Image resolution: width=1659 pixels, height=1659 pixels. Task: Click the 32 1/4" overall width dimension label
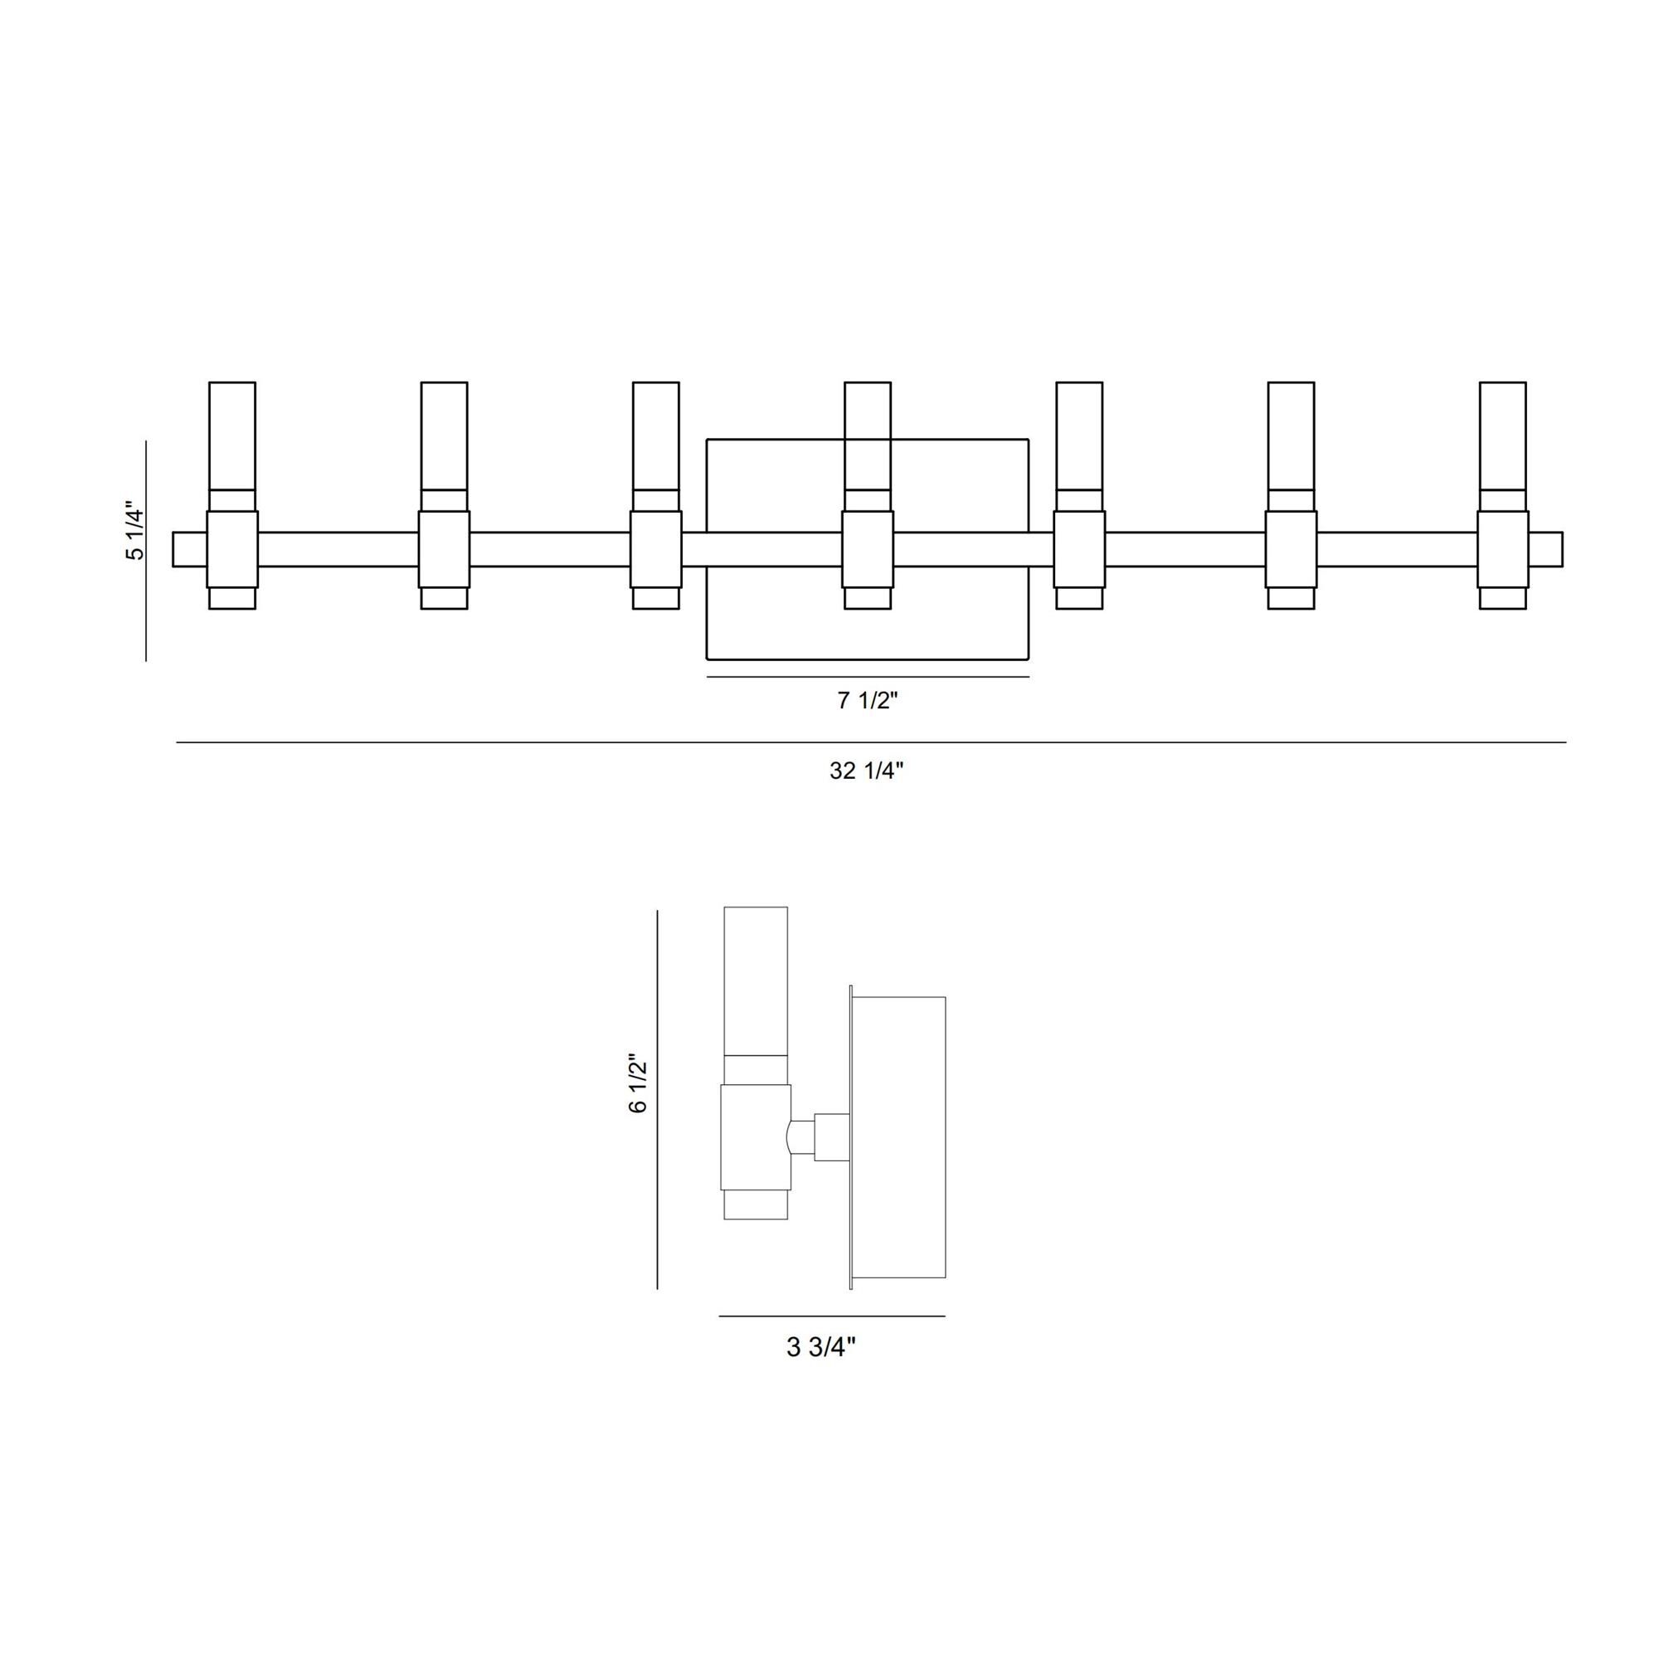[x=867, y=771]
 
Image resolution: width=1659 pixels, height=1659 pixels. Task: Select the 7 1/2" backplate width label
[x=868, y=701]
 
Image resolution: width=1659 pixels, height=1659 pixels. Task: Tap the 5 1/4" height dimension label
[x=135, y=532]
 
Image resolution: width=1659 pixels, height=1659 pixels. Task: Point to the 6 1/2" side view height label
[x=637, y=1082]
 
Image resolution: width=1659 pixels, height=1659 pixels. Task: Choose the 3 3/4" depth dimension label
[x=821, y=1347]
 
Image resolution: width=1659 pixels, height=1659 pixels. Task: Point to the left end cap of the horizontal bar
[x=189, y=550]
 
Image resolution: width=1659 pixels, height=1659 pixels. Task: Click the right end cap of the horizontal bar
[x=1545, y=550]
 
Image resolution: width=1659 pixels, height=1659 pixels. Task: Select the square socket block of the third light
[x=656, y=550]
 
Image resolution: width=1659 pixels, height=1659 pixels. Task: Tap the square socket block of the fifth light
[x=1079, y=550]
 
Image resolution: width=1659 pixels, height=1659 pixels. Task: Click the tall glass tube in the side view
[x=756, y=980]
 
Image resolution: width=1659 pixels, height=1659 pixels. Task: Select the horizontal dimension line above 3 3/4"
[x=832, y=1316]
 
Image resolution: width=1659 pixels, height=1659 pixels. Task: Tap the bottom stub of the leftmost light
[x=232, y=599]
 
